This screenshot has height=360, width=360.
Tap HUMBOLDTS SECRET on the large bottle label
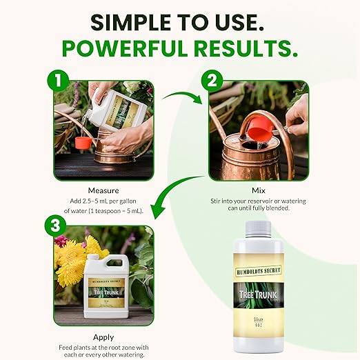260,268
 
